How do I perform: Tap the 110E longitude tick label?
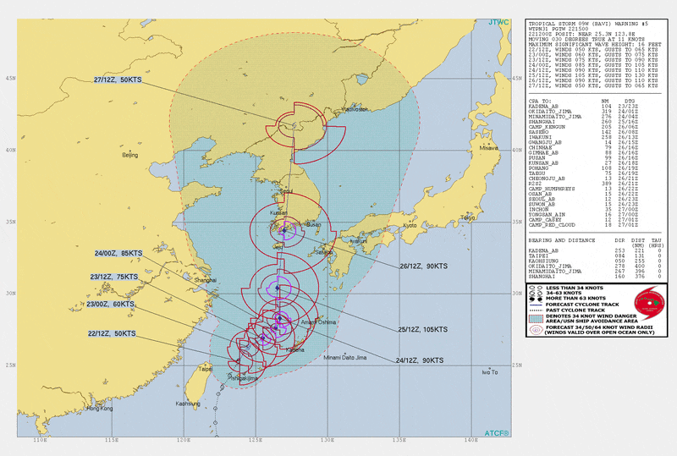[38, 441]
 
